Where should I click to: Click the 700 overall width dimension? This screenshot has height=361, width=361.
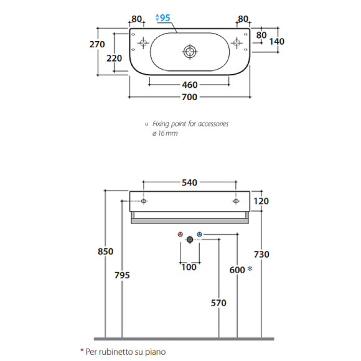click(x=189, y=97)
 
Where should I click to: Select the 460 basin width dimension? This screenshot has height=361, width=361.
click(x=190, y=85)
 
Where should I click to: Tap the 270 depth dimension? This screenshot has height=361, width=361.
click(x=97, y=44)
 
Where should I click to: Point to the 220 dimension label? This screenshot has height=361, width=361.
click(x=114, y=59)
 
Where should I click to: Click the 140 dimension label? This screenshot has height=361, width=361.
click(x=277, y=42)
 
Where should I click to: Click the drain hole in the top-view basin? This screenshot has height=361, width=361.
click(x=190, y=52)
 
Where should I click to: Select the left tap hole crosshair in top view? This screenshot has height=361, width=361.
click(x=143, y=42)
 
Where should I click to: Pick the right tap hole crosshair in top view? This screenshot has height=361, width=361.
click(x=237, y=42)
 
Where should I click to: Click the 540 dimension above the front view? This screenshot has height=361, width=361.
click(x=189, y=183)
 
